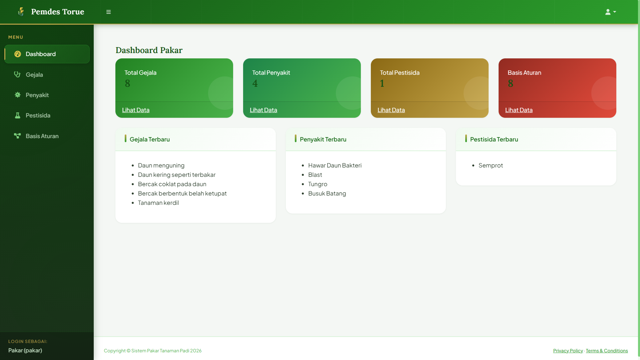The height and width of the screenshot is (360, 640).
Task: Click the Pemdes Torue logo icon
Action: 21,12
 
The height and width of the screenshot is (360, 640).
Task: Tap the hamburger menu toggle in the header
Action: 108,12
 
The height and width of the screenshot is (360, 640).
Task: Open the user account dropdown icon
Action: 610,12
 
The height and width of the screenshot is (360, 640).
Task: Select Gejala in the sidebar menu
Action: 34,75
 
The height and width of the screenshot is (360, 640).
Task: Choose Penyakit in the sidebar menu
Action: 37,95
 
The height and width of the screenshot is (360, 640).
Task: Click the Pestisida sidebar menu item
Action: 38,115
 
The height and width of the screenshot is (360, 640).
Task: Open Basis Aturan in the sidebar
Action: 42,136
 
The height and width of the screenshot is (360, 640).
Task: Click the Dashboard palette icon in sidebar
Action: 18,54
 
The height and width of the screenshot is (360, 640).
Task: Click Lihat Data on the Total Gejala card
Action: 136,110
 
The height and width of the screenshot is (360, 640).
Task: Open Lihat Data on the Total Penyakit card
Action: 263,110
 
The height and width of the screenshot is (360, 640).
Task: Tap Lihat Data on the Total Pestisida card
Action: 391,110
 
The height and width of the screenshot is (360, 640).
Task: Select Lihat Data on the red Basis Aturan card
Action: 519,110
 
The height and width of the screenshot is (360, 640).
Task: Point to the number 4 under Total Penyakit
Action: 255,83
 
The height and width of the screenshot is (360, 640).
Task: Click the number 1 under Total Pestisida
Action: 382,83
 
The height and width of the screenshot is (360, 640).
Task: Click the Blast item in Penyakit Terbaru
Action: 315,175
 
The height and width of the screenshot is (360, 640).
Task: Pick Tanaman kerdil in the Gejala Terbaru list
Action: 158,203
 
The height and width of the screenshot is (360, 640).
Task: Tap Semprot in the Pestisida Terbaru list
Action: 491,165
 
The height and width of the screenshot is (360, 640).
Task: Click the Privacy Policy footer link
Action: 568,351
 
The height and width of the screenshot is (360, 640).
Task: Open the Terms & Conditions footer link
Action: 607,351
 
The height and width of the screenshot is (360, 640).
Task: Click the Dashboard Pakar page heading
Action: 149,50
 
